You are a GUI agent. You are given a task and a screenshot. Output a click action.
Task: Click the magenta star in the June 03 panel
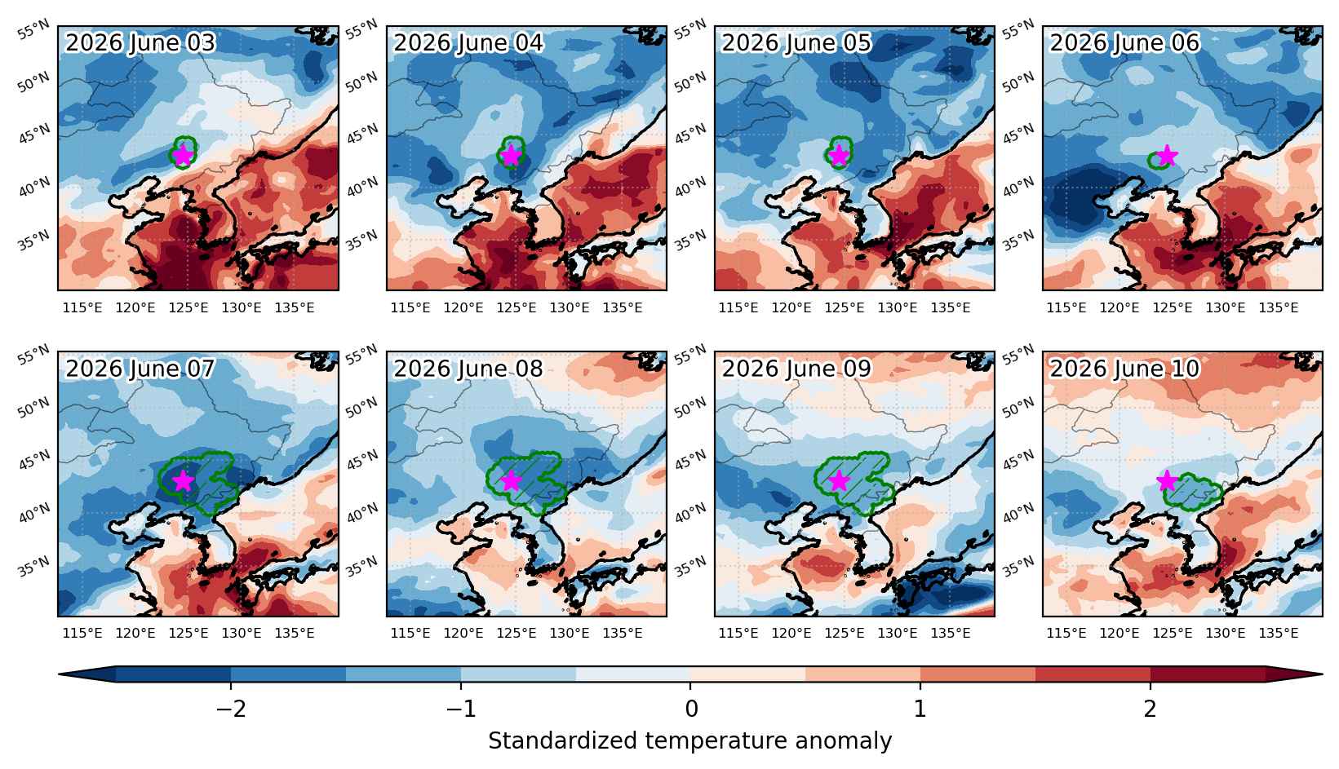182,156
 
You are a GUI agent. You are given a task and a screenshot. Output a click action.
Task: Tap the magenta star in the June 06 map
1167,156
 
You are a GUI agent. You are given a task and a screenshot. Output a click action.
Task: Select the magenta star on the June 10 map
1167,480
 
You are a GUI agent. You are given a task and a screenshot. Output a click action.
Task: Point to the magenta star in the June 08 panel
511,480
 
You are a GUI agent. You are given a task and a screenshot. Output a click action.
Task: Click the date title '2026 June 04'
468,43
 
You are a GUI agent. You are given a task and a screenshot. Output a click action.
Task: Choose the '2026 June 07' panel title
140,369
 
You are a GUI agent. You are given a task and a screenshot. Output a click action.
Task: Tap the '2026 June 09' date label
796,369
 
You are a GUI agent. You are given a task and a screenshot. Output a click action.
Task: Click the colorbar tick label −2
231,709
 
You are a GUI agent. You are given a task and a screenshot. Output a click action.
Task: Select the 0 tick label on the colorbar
691,709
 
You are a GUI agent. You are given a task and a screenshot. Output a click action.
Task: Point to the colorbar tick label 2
1151,709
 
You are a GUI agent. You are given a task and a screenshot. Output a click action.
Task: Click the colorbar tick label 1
920,709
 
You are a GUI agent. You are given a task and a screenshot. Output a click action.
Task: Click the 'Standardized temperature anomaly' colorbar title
689,741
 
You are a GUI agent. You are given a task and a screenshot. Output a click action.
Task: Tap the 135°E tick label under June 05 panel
951,307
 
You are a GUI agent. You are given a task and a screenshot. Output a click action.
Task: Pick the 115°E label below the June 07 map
82,633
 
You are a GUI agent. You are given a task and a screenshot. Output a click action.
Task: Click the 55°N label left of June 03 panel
34,30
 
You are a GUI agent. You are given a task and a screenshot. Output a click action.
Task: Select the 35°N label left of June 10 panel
1018,567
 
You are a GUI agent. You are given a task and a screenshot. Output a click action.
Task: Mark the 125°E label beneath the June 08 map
517,633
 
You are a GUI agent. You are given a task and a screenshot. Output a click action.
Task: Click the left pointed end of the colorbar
60,674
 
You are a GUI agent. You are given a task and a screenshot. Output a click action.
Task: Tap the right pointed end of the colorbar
1322,674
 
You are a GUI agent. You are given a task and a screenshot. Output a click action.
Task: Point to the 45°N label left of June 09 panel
691,461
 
